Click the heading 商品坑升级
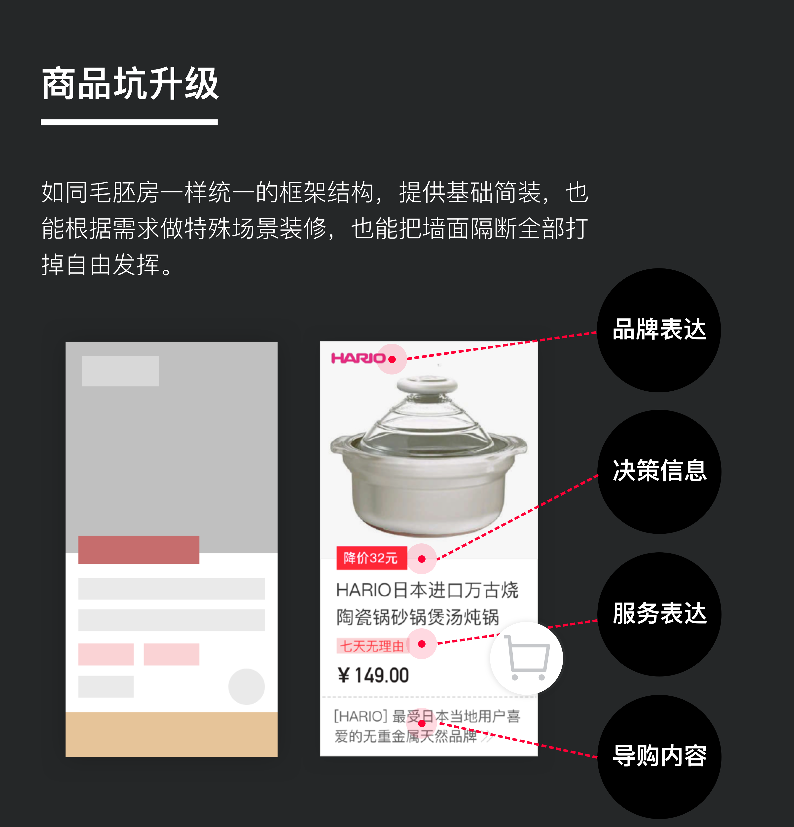click(x=130, y=83)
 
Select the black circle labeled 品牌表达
click(x=659, y=330)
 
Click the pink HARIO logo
click(x=358, y=358)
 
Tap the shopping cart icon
click(x=527, y=658)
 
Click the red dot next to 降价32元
click(x=422, y=559)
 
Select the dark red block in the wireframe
click(x=139, y=550)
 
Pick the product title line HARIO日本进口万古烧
click(x=427, y=590)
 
